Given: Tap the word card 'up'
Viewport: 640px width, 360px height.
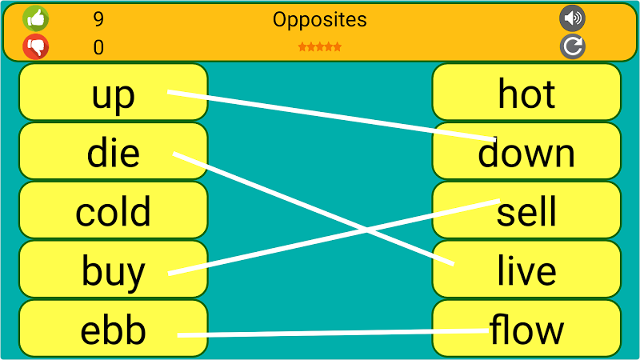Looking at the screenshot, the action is click(x=113, y=92).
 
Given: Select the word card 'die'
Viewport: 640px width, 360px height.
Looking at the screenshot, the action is click(x=113, y=151).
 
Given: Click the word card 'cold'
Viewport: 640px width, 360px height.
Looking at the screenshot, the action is click(x=113, y=210).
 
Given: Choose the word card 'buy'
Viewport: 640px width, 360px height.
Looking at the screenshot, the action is click(x=113, y=270).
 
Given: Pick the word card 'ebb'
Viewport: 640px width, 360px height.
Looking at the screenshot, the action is click(x=113, y=329).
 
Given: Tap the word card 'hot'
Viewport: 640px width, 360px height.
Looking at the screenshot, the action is click(x=526, y=92).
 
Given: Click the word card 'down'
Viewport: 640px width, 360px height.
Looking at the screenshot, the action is click(x=526, y=151).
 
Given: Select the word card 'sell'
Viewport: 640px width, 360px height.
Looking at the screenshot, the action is click(x=526, y=210).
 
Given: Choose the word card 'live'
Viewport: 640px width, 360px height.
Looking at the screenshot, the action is click(x=526, y=270).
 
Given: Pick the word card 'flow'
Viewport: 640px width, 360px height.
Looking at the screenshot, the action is click(x=526, y=329).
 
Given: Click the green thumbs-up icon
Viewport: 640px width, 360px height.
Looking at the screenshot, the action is click(x=36, y=18).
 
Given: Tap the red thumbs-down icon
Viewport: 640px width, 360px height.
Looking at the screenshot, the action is click(x=36, y=46).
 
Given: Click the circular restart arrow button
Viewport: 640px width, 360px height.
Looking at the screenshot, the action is click(x=572, y=46).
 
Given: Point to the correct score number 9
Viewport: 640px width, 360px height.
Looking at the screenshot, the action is click(x=98, y=19).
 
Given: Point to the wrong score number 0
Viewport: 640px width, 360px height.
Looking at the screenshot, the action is click(x=98, y=47).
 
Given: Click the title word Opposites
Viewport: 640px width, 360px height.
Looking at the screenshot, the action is click(x=319, y=19).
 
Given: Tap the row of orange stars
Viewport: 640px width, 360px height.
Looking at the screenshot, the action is click(x=319, y=47).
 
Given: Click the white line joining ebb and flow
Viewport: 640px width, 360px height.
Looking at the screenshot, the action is click(x=333, y=333).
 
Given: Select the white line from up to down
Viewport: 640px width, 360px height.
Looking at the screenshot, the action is click(x=332, y=116).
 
